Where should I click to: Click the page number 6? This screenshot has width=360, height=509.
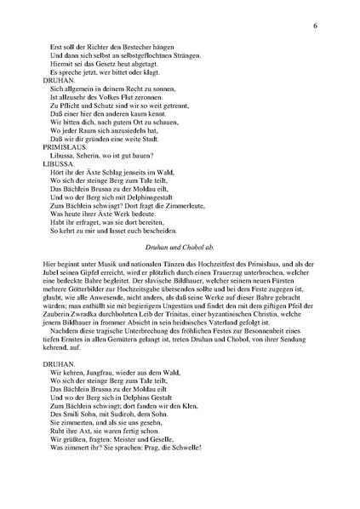(315, 27)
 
